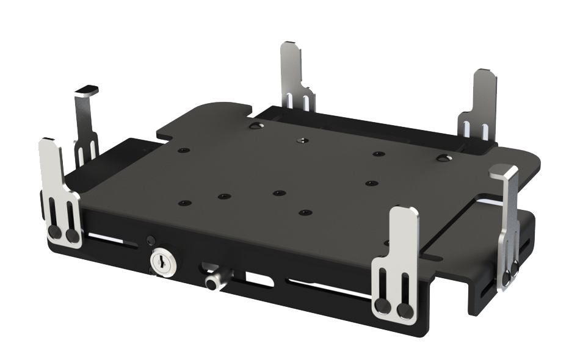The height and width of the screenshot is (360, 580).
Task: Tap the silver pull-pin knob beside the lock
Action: [x=212, y=283]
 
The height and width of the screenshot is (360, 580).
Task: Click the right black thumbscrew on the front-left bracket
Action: [x=73, y=236]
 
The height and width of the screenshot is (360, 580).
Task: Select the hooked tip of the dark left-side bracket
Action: [x=87, y=90]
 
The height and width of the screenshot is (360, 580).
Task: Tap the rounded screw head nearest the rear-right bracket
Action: [x=442, y=159]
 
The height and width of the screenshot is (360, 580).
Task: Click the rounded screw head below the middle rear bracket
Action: [x=255, y=126]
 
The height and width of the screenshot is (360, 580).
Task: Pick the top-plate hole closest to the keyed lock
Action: [x=182, y=203]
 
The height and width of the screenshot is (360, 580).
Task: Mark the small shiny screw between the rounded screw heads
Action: [x=300, y=140]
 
